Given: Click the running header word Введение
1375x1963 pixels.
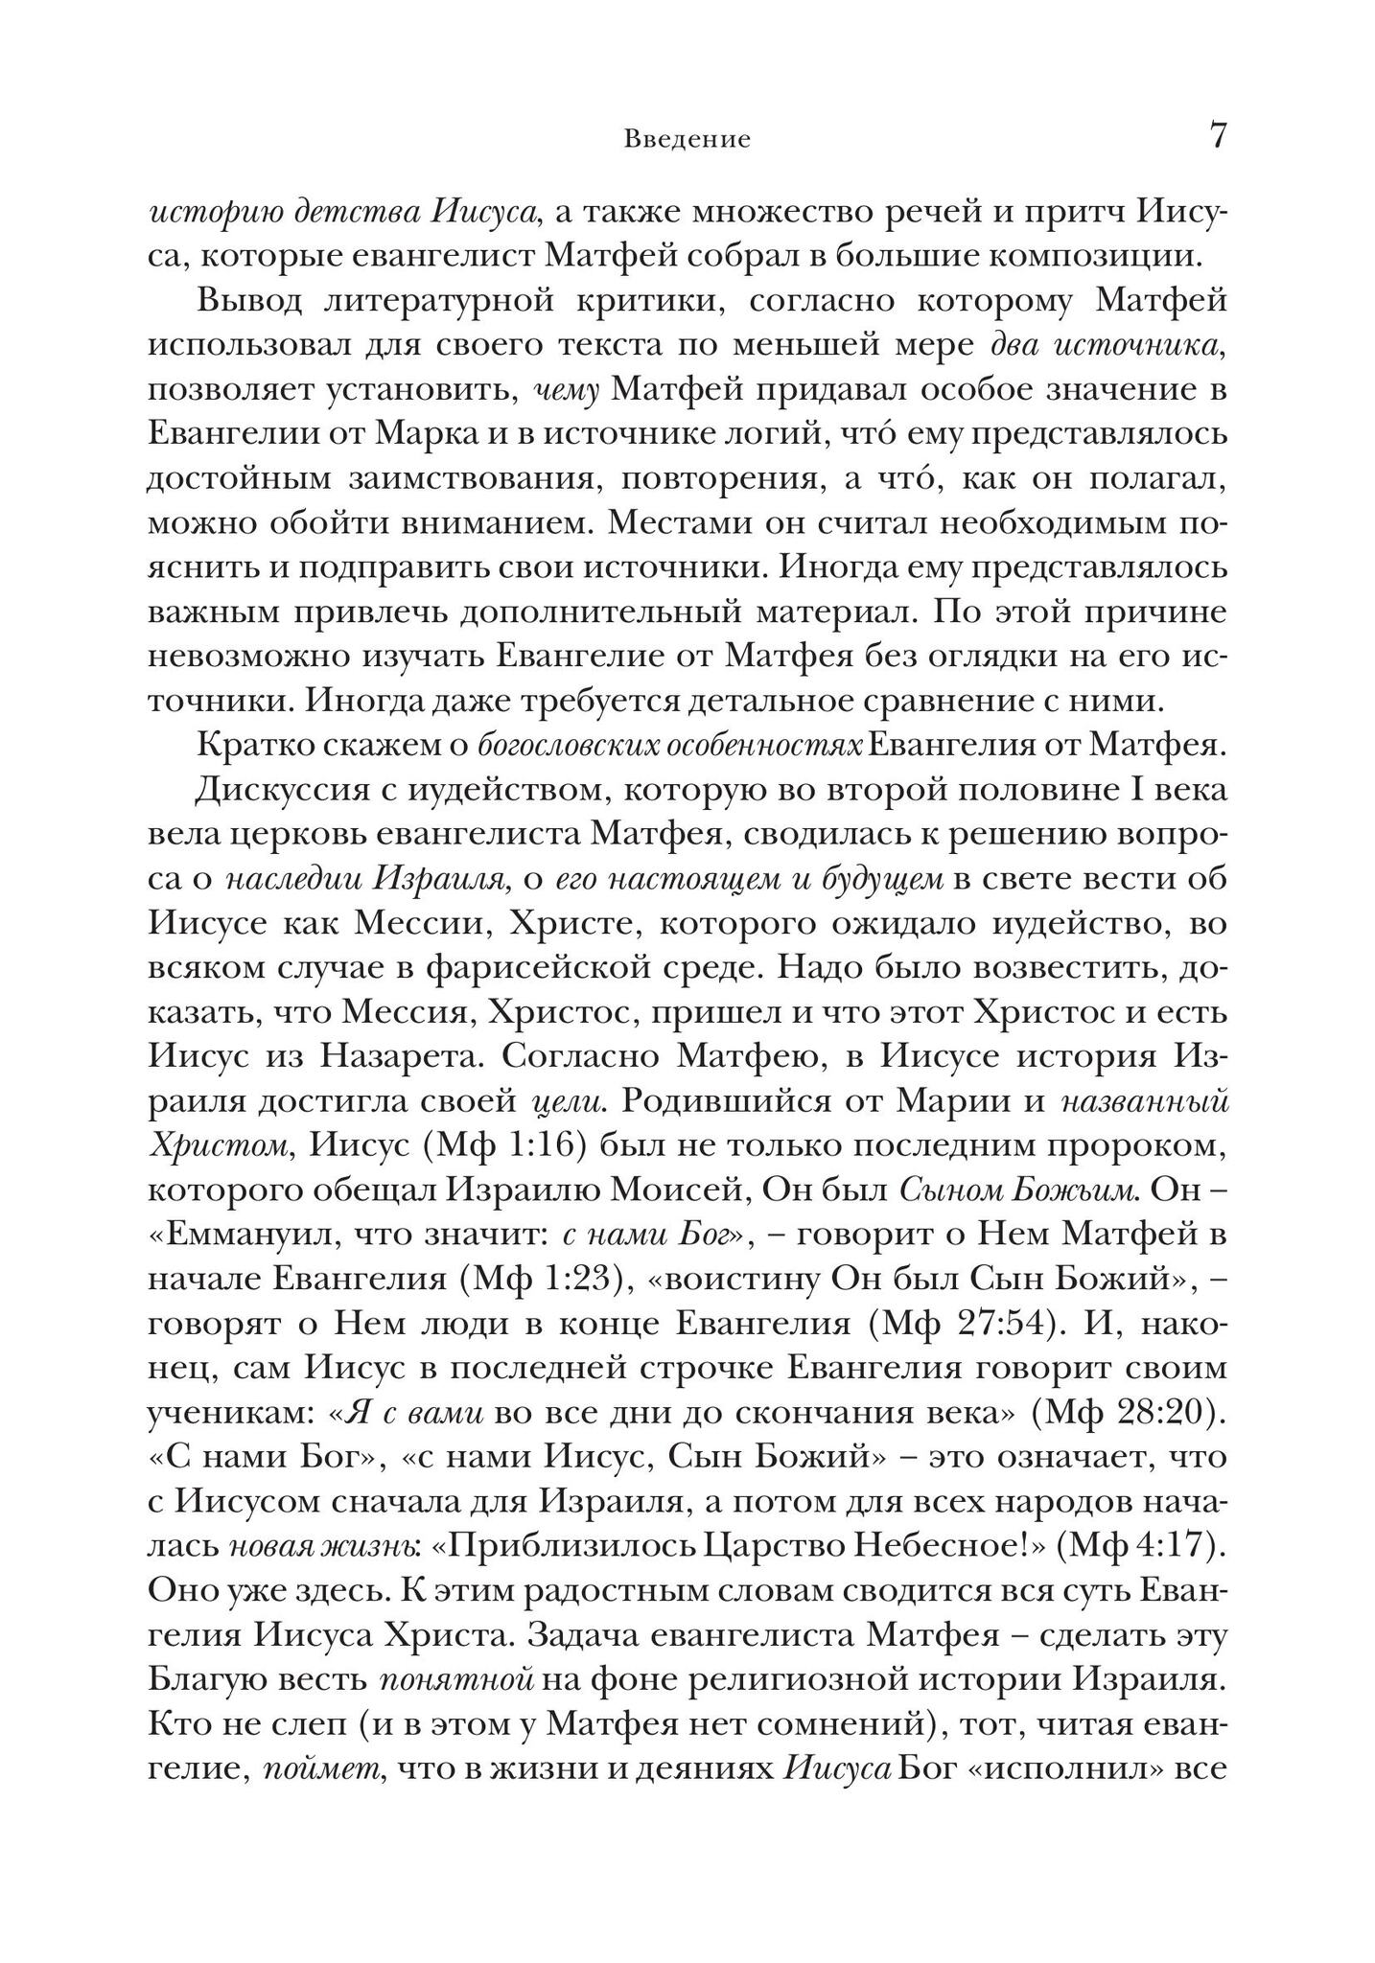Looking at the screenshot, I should tap(687, 140).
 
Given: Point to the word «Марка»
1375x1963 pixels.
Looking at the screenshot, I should tap(429, 434).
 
